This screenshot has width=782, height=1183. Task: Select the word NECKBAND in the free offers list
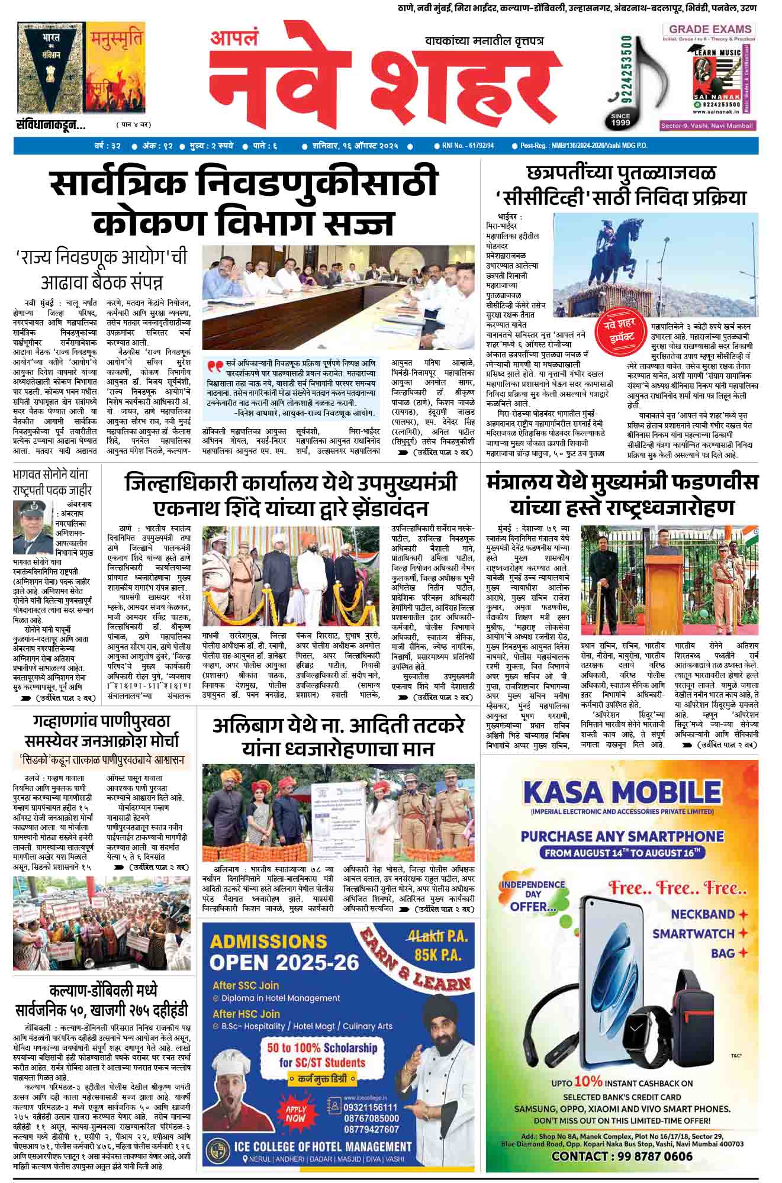pos(703,914)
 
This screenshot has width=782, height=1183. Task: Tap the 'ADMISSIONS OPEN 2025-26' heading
pos(284,952)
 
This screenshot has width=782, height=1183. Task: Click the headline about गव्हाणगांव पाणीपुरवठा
pos(102,731)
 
